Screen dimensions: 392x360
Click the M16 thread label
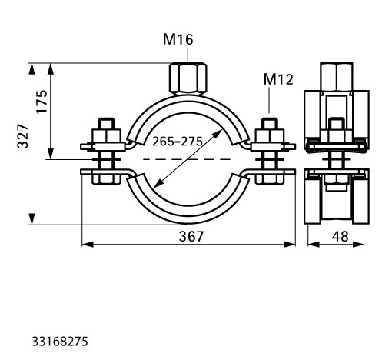pyautogui.click(x=178, y=40)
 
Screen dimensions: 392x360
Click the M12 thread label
pyautogui.click(x=278, y=79)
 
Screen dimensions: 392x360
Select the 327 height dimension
pyautogui.click(x=22, y=136)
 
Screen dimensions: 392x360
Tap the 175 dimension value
pyautogui.click(x=42, y=102)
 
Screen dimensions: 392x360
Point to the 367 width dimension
pyautogui.click(x=191, y=236)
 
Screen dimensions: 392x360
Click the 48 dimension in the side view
pyautogui.click(x=341, y=236)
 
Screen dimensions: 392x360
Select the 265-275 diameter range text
pyautogui.click(x=178, y=142)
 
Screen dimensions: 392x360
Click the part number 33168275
pyautogui.click(x=60, y=342)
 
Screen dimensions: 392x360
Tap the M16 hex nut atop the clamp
pyautogui.click(x=188, y=78)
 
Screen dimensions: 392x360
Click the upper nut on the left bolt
pyautogui.click(x=106, y=136)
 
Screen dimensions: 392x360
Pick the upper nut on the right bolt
pyautogui.click(x=270, y=136)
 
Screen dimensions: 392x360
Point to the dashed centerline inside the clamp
pyautogui.click(x=187, y=159)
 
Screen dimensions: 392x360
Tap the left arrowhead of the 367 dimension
pyautogui.click(x=87, y=245)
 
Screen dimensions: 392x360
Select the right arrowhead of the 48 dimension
pyautogui.click(x=359, y=245)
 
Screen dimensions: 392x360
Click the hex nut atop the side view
pyautogui.click(x=337, y=77)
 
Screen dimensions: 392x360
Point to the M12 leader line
pyautogui.click(x=269, y=100)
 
